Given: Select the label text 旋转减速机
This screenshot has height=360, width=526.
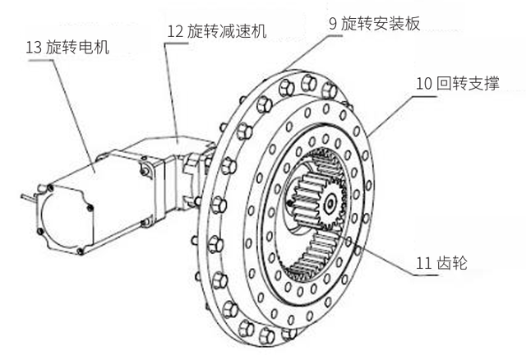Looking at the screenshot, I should [233, 32].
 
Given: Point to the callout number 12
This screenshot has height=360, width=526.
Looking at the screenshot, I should [175, 32].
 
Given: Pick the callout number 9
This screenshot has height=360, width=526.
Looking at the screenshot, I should [333, 24].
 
